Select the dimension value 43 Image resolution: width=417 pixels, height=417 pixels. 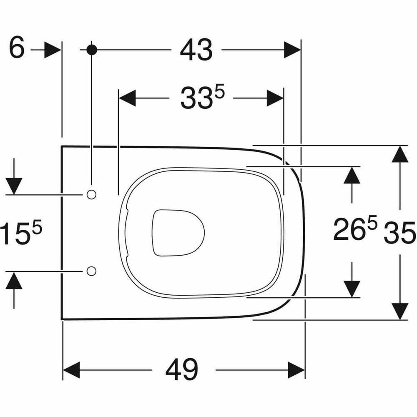point(196,50)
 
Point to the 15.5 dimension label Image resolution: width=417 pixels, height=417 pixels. point(21,232)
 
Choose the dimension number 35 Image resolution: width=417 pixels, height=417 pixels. point(399,233)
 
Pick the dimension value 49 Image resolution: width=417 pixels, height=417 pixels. point(182,370)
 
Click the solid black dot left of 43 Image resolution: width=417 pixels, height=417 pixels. point(92,50)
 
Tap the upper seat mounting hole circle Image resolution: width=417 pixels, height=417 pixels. point(91,195)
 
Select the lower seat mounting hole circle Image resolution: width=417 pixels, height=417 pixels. point(91,271)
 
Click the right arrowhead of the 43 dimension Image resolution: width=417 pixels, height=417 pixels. point(292,50)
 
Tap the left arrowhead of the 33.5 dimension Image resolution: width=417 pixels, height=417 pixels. point(127,98)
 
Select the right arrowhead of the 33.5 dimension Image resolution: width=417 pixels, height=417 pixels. point(275,98)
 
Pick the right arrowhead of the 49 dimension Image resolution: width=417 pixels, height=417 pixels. point(296,370)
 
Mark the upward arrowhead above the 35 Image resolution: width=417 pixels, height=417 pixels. point(400,154)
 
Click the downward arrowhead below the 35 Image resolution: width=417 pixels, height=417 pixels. point(400,311)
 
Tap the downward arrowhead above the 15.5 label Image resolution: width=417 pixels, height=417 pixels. point(14,186)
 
